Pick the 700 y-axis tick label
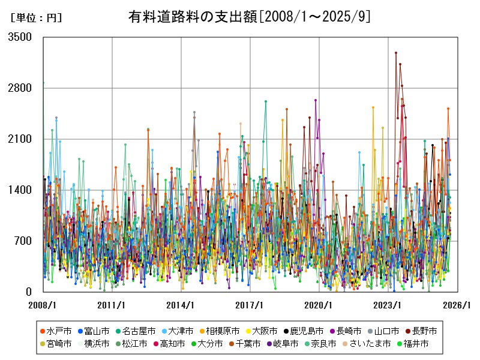pos(23,241)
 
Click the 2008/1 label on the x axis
pos(43,305)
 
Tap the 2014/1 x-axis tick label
pos(181,305)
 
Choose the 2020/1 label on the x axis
pos(319,305)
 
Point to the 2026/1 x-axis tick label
pos(457,305)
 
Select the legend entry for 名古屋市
pos(139,331)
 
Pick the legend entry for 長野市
pos(424,331)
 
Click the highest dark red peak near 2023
pos(396,53)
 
